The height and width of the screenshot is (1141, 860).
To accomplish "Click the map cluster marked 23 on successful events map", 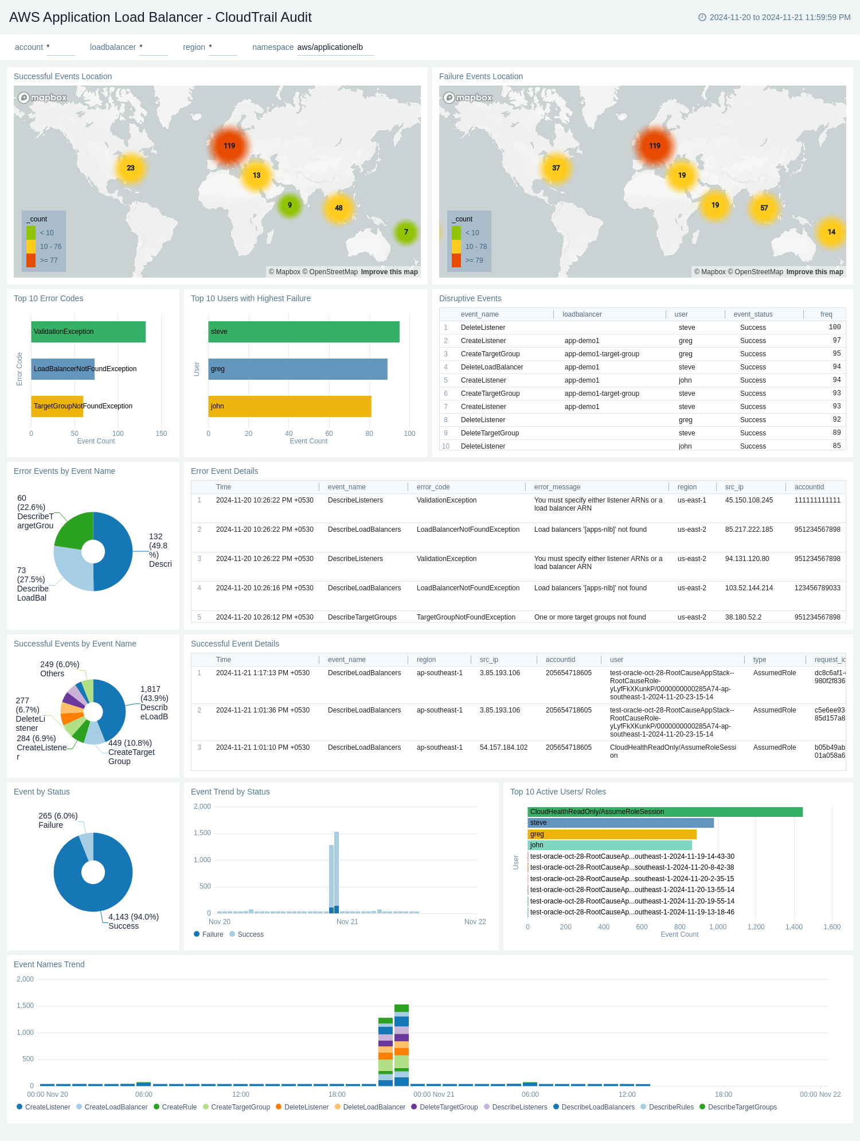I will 131,168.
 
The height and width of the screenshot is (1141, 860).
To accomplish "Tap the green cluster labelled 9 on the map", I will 290,205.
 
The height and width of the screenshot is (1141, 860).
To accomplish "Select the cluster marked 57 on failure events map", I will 764,208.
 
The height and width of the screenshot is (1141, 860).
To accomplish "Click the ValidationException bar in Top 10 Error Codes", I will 88,332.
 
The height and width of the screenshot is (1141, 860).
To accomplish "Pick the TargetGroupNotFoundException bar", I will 57,406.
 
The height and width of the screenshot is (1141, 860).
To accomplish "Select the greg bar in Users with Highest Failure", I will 298,369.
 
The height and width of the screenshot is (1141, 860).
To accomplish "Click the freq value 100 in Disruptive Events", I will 834,328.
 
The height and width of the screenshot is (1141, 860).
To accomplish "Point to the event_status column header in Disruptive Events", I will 753,314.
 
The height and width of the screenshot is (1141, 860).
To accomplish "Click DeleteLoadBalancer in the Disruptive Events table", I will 492,367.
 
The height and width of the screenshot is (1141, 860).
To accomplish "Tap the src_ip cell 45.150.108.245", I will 749,500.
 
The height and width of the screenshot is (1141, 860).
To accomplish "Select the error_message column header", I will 557,487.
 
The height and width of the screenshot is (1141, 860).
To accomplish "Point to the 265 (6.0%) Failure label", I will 58,820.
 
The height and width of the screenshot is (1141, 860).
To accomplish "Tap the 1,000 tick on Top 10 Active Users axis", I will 718,927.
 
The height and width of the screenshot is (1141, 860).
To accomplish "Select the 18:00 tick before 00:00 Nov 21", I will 337,1095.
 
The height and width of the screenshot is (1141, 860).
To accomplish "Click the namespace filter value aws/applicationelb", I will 330,47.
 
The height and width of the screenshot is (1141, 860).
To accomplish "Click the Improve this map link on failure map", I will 814,272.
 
